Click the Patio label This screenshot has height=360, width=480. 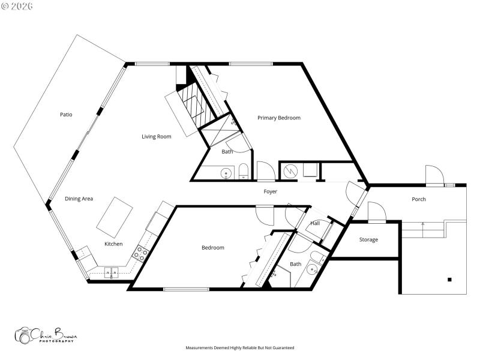pyautogui.click(x=66, y=114)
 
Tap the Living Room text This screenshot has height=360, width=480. pyautogui.click(x=157, y=137)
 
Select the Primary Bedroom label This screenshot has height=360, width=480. pyautogui.click(x=279, y=118)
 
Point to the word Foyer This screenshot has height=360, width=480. pyautogui.click(x=271, y=191)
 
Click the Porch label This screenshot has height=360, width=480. pyautogui.click(x=419, y=199)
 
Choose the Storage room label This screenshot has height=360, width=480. pyautogui.click(x=368, y=239)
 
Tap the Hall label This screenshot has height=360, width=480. pyautogui.click(x=315, y=223)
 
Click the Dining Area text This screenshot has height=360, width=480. pyautogui.click(x=79, y=199)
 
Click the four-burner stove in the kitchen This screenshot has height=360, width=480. pyautogui.click(x=140, y=253)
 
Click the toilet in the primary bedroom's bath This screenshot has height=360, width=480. pyautogui.click(x=243, y=172)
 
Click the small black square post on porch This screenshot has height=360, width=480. pyautogui.click(x=449, y=279)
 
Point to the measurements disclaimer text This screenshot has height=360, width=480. pyautogui.click(x=240, y=347)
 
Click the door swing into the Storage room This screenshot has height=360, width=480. pyautogui.click(x=376, y=211)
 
